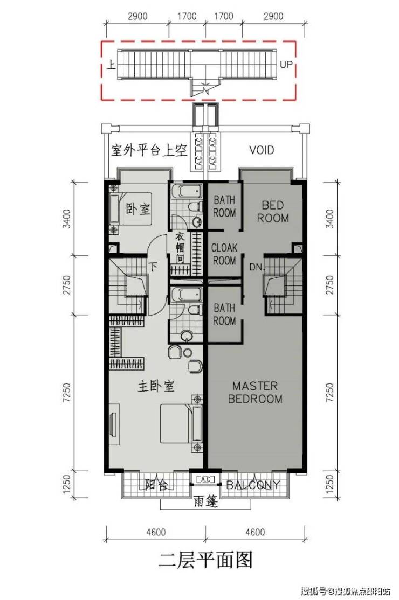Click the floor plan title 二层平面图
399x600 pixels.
pos(205,561)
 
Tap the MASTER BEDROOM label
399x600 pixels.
pos(255,392)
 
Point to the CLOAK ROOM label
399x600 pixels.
pos(224,254)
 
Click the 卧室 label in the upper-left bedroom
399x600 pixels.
pos(138,208)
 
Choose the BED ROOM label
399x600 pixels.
pos(273,212)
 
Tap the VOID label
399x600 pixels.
pos(262,150)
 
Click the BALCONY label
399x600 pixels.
pos(253,485)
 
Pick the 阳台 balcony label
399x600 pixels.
pos(156,485)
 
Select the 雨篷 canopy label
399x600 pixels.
pos(205,501)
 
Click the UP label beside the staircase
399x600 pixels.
pos(286,65)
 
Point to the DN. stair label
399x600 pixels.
pos(257,267)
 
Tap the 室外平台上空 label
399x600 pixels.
pos(149,150)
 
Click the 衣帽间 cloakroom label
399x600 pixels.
pos(180,248)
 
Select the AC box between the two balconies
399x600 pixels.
pos(205,479)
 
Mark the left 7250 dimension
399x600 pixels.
pos(67,392)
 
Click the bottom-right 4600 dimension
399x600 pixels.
pos(255,532)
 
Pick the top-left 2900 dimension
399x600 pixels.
pos(137,16)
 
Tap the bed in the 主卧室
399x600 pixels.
pos(181,423)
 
